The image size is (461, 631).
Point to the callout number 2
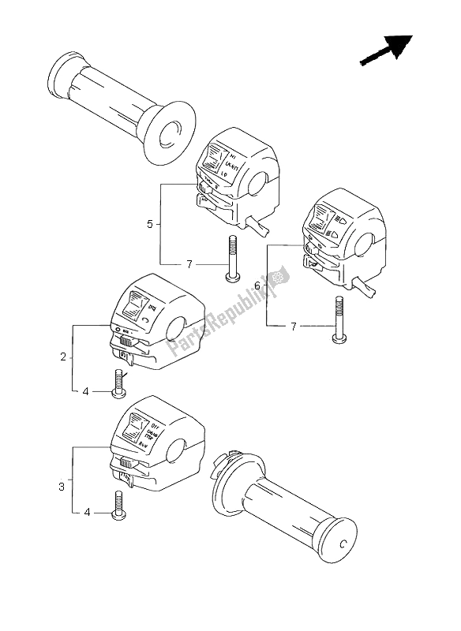[x=63, y=357]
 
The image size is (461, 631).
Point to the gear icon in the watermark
[x=276, y=277]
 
